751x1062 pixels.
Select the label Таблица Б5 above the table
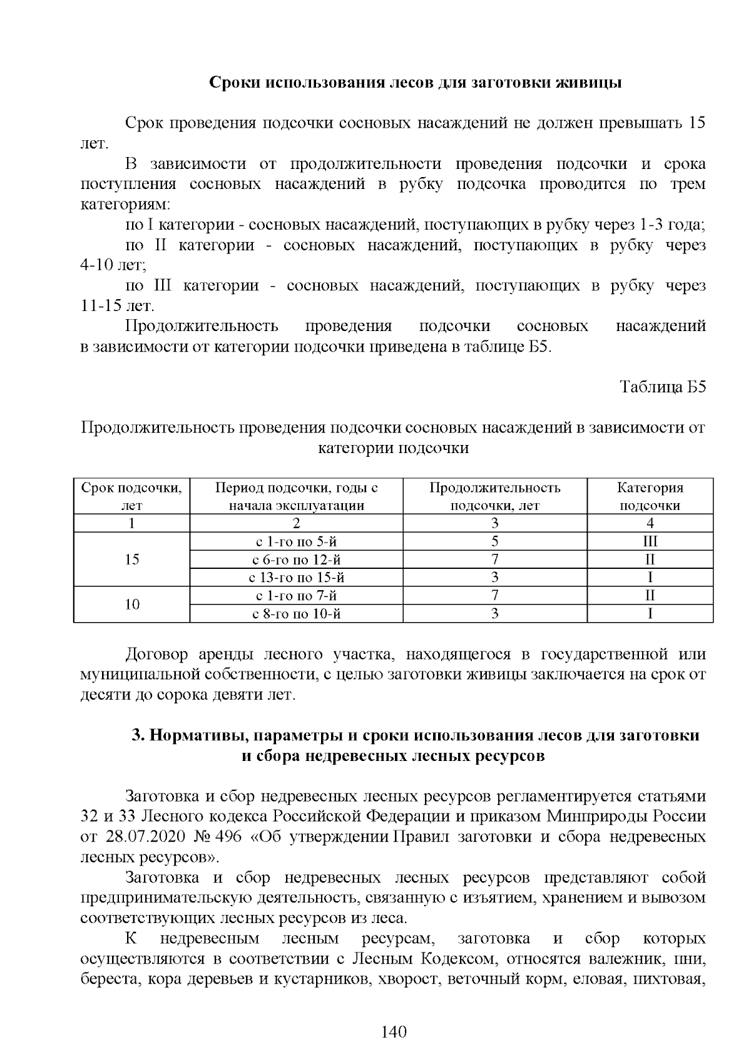(663, 387)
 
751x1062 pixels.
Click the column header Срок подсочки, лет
(131, 496)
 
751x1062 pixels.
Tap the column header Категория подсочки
(650, 496)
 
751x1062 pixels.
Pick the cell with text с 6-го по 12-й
(296, 559)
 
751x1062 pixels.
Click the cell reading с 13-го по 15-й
(296, 577)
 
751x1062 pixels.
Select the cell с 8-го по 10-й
(296, 613)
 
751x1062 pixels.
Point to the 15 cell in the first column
(131, 559)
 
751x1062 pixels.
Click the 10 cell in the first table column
(131, 605)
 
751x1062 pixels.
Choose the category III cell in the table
(650, 541)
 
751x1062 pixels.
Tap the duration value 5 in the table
(494, 541)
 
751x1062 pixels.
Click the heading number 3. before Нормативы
(138, 735)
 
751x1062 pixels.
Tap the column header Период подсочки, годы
(296, 496)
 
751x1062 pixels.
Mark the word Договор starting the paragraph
(156, 655)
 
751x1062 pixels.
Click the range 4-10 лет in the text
(112, 265)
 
